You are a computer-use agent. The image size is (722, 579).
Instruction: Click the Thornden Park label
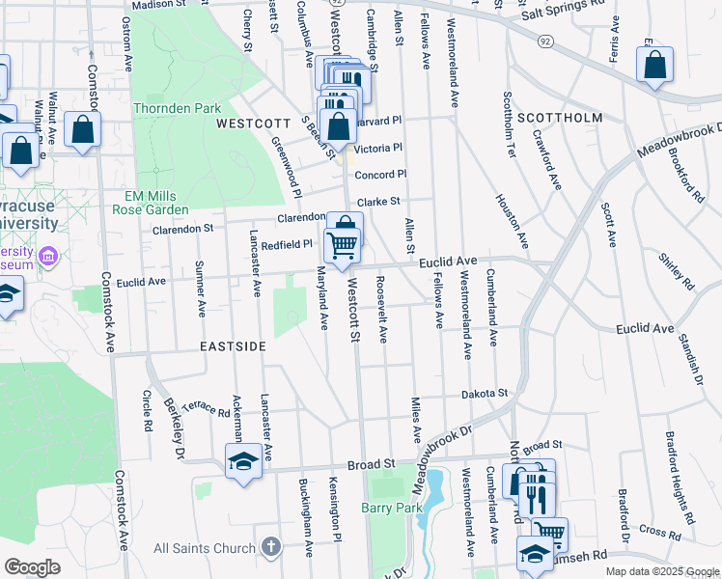click(x=178, y=108)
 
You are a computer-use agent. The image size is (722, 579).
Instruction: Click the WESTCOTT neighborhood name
click(x=253, y=124)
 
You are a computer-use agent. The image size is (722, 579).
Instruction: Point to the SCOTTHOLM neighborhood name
click(x=560, y=118)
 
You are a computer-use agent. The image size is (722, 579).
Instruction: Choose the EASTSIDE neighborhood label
click(x=233, y=345)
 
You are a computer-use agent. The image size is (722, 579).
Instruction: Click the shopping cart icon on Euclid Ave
click(x=342, y=247)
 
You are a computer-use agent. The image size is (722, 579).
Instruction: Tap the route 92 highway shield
click(x=545, y=41)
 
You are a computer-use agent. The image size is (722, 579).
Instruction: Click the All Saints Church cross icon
click(x=271, y=548)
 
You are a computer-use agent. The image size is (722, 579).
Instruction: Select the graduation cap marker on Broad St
click(x=243, y=460)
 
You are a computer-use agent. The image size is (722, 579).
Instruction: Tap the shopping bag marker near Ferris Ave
click(x=654, y=68)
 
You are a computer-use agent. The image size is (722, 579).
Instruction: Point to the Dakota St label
click(x=484, y=394)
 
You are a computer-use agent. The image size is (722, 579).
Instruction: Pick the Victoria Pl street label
click(x=377, y=148)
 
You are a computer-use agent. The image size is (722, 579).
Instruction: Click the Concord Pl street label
click(x=381, y=175)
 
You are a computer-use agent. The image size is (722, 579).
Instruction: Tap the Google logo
click(x=32, y=567)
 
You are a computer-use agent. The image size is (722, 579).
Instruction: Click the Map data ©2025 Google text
click(x=660, y=572)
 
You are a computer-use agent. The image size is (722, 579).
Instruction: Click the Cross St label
click(x=659, y=530)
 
